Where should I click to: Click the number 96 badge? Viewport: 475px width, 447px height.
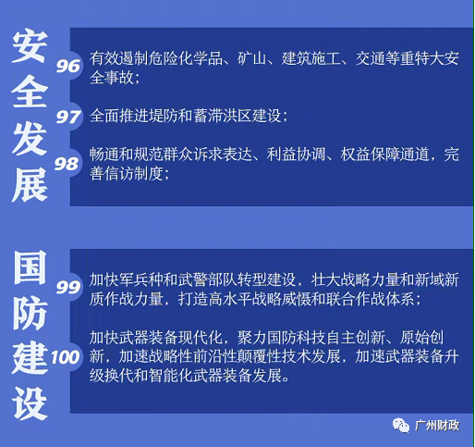coord(68,66)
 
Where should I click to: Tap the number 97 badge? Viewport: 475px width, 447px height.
coord(68,117)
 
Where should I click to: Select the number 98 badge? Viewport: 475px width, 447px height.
coord(67,164)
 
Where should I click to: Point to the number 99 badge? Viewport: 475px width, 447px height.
coord(68,287)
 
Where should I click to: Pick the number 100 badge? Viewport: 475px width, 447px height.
coord(65,357)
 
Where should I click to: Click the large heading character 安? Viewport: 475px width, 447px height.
coord(30,45)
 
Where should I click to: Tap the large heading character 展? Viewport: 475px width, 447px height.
coord(30,185)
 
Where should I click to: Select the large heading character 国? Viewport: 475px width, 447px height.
coord(30,267)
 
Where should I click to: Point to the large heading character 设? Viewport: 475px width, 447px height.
coord(30,404)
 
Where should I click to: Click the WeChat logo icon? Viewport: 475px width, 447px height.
coord(400,426)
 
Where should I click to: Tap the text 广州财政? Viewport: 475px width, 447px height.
coord(437,426)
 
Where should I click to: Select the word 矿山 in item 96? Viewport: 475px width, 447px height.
coord(251,58)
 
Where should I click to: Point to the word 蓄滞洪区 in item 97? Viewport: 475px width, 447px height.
coord(223,116)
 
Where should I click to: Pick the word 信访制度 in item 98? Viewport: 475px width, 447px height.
coord(134,174)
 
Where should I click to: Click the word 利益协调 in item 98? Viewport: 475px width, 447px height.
coord(296,155)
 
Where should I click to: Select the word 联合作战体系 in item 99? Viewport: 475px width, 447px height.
coord(371,299)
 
